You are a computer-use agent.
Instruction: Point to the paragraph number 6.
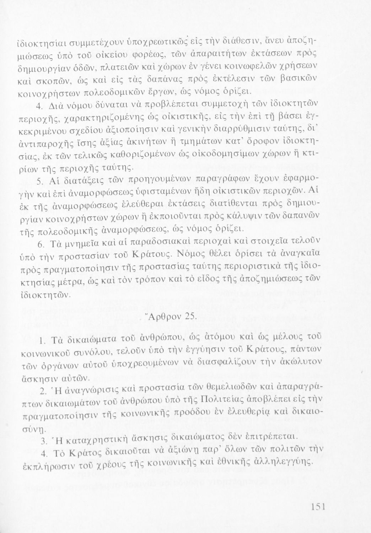pyautogui.click(x=40, y=245)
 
